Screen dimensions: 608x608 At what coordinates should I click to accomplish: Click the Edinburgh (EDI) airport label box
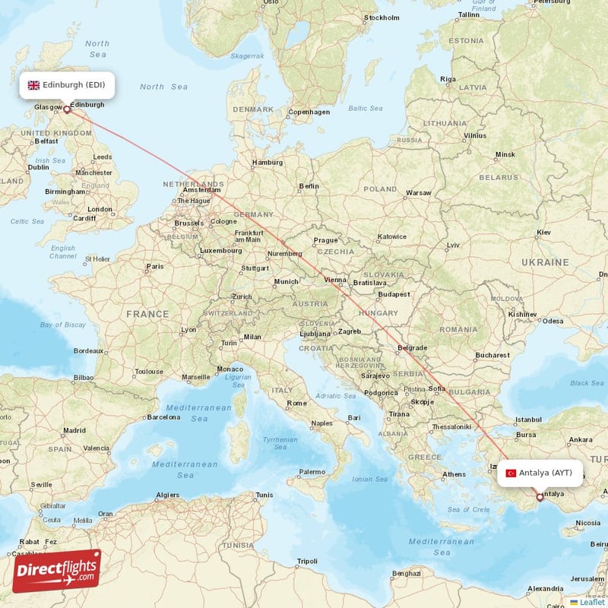[x=68, y=85]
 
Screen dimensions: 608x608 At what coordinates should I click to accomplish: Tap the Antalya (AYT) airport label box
[x=540, y=473]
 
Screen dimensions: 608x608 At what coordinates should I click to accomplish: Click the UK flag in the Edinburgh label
[x=33, y=85]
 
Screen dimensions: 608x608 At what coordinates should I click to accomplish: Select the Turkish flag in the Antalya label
[x=511, y=473]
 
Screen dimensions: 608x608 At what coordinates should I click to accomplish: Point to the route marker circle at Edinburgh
[x=67, y=109]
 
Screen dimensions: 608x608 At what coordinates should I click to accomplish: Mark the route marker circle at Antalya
[x=540, y=498]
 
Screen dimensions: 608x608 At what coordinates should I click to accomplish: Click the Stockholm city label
[x=382, y=17]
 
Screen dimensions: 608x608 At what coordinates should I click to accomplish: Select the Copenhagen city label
[x=309, y=112]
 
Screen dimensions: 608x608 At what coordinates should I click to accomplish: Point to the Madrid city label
[x=74, y=430]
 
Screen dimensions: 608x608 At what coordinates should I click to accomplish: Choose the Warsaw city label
[x=418, y=192]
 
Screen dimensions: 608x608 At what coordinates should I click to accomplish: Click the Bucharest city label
[x=492, y=355]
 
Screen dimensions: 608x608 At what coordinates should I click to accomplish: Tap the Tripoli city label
[x=307, y=561]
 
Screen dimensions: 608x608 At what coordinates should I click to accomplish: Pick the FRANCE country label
[x=147, y=313]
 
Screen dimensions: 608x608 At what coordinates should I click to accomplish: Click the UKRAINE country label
[x=545, y=261]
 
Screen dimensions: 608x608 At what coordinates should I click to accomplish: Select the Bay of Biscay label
[x=62, y=325]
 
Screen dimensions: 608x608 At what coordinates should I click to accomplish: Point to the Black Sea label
[x=587, y=383]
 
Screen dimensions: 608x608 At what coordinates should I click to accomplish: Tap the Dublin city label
[x=38, y=167]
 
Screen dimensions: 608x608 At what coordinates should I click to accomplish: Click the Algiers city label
[x=168, y=495]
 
